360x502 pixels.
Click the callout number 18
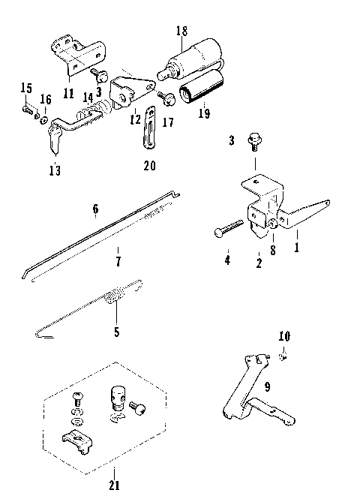(x=181, y=31)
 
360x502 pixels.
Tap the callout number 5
(x=115, y=330)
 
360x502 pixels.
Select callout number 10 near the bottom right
(x=283, y=335)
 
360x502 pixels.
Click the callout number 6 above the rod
(x=95, y=210)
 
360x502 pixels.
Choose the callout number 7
(x=118, y=262)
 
